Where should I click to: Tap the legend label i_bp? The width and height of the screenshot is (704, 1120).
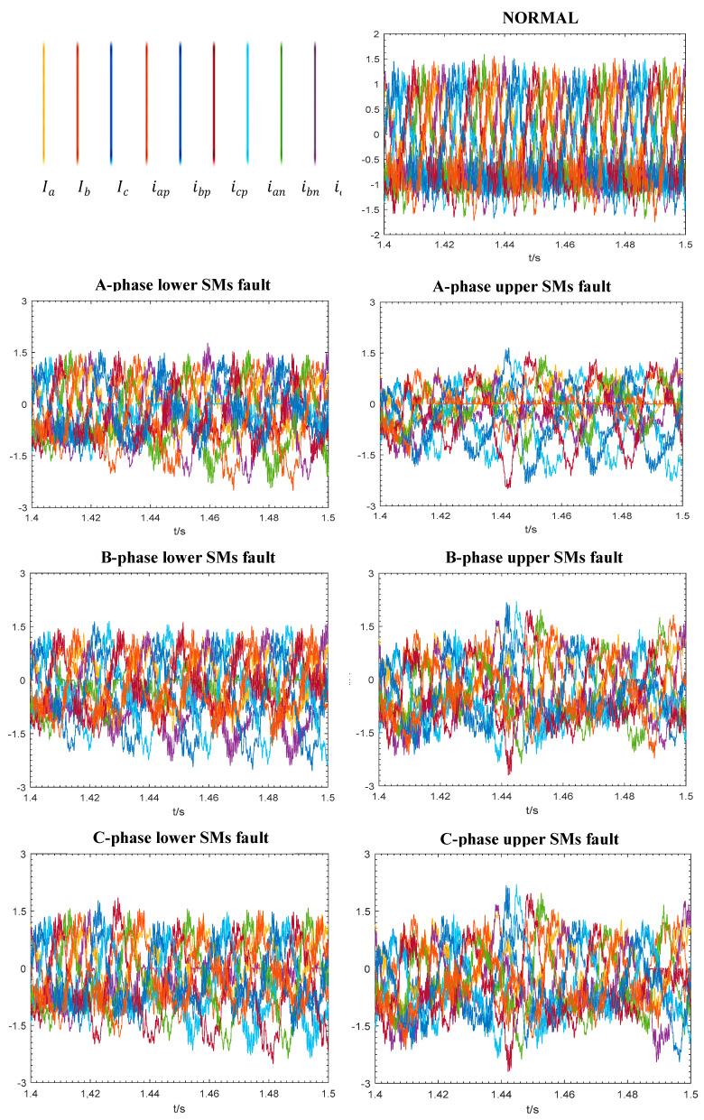tap(201, 190)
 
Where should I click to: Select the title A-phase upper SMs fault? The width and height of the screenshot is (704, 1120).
tap(531, 286)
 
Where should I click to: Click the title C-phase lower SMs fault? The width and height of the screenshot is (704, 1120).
tap(185, 838)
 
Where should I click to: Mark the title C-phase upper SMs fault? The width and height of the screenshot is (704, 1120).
tap(531, 839)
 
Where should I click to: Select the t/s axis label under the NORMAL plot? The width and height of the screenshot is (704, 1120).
tap(533, 255)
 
